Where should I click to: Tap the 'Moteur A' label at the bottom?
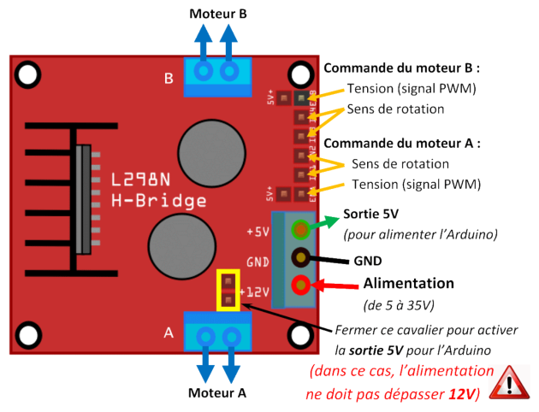pyautogui.click(x=217, y=394)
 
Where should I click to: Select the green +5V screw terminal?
pyautogui.click(x=300, y=229)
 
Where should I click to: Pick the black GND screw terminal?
pyautogui.click(x=300, y=256)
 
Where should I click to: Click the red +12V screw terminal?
pyautogui.click(x=300, y=285)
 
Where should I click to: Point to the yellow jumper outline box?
pyautogui.click(x=228, y=291)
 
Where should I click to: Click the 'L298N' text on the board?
pyautogui.click(x=146, y=181)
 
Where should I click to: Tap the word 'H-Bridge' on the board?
pyautogui.click(x=159, y=202)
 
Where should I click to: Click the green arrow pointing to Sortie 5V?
pyautogui.click(x=324, y=221)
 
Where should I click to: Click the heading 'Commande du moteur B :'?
pyautogui.click(x=402, y=68)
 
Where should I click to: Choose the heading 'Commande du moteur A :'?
pyautogui.click(x=402, y=143)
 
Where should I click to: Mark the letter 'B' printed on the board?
pyautogui.click(x=169, y=79)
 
